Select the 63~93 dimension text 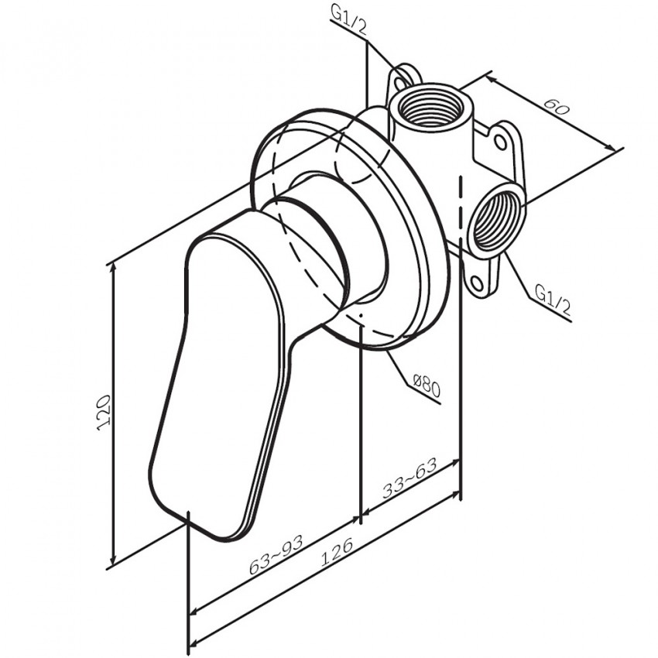(x=276, y=555)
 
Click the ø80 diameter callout (x=427, y=386)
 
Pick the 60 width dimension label (x=557, y=107)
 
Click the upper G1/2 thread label (x=348, y=21)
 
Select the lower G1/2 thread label (x=553, y=300)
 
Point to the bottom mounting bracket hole (x=477, y=283)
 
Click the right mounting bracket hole (x=500, y=142)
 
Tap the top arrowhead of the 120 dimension (x=113, y=269)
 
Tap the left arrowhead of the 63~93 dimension (x=195, y=611)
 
